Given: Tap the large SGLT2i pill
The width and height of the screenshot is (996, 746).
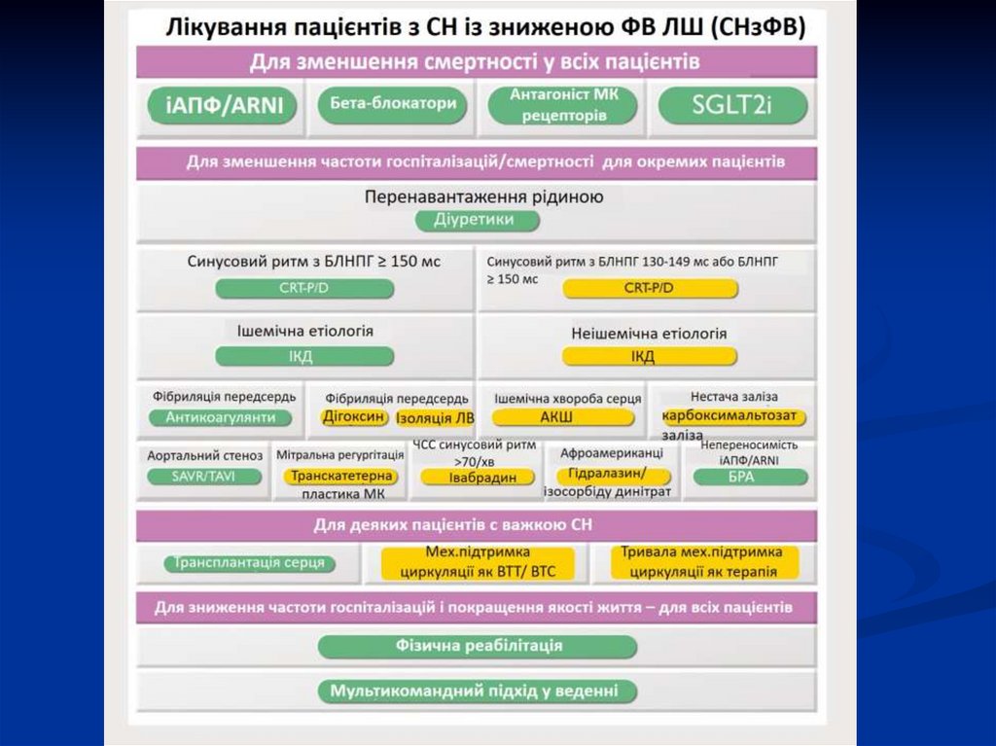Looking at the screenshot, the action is coord(732,106).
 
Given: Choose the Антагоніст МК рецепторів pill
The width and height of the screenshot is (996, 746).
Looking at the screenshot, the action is coord(564,105).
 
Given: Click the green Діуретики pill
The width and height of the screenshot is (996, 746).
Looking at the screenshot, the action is coord(478,220).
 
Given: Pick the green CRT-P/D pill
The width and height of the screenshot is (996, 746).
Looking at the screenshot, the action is coord(304,288).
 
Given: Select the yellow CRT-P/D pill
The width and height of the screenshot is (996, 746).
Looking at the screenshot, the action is coord(648,288).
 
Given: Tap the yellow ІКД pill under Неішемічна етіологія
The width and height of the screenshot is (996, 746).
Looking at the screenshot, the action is coord(643,356).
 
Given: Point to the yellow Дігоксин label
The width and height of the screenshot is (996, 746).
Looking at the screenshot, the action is coord(354,416).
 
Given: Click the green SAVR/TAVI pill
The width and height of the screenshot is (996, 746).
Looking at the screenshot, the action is coord(204,477).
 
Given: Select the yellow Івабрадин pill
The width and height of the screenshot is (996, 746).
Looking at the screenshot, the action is coord(477,477).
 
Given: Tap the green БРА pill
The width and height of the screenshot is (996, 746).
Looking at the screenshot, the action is coord(748,477).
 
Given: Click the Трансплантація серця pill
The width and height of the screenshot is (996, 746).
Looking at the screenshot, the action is coord(251,563).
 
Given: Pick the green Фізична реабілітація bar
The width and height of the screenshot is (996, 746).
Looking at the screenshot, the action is coord(478,646).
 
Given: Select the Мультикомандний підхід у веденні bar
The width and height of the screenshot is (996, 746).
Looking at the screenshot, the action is coord(478,692).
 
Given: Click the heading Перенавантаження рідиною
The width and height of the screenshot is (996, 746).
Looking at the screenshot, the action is coord(483,196).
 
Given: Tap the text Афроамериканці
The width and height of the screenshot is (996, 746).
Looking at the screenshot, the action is coord(612,454).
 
